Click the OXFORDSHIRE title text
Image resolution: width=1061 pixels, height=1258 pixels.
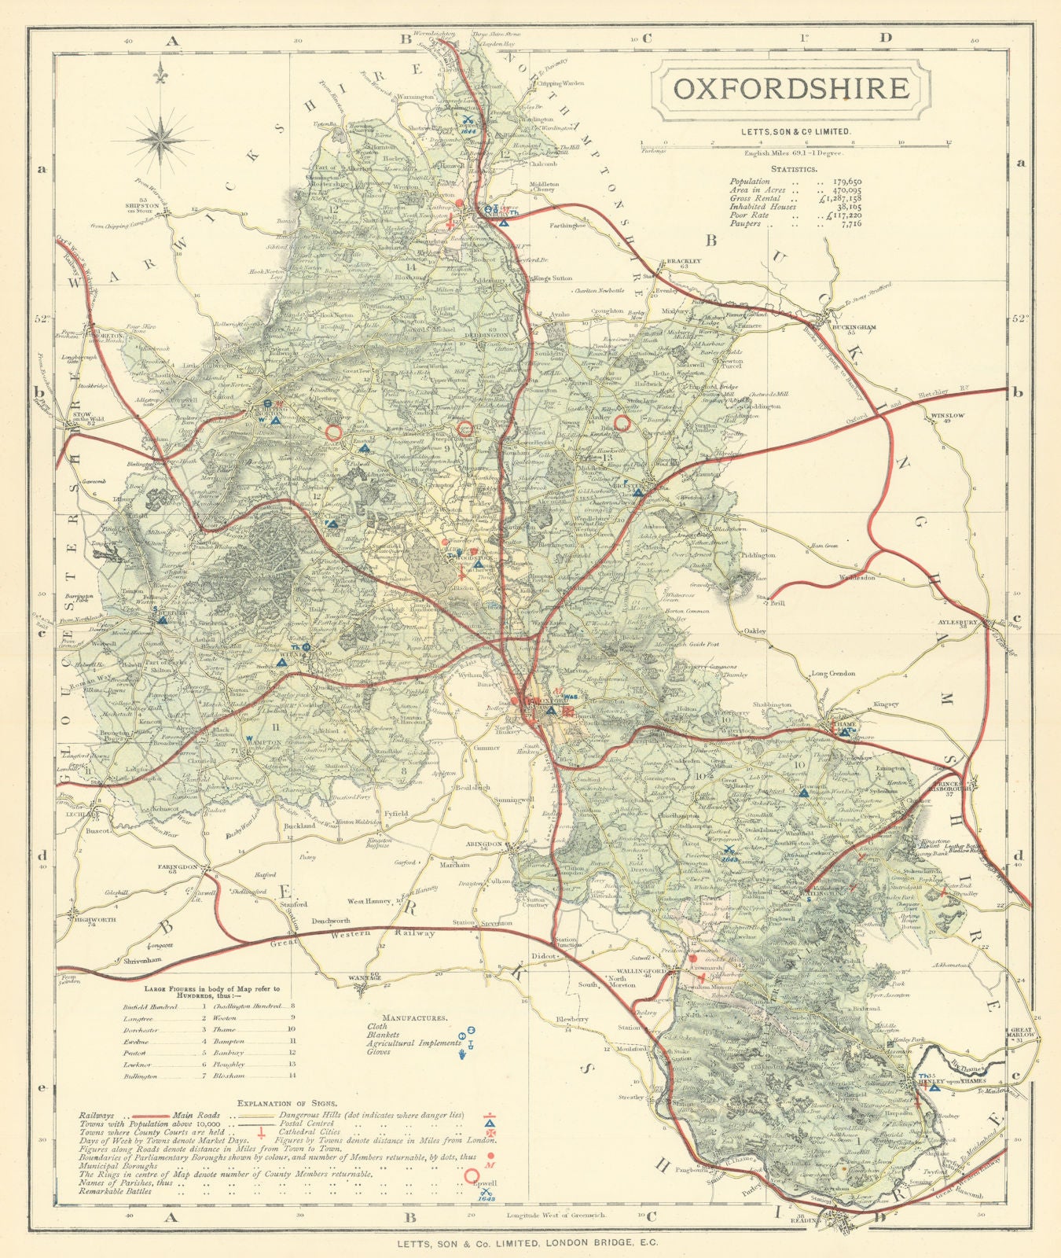(791, 88)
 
